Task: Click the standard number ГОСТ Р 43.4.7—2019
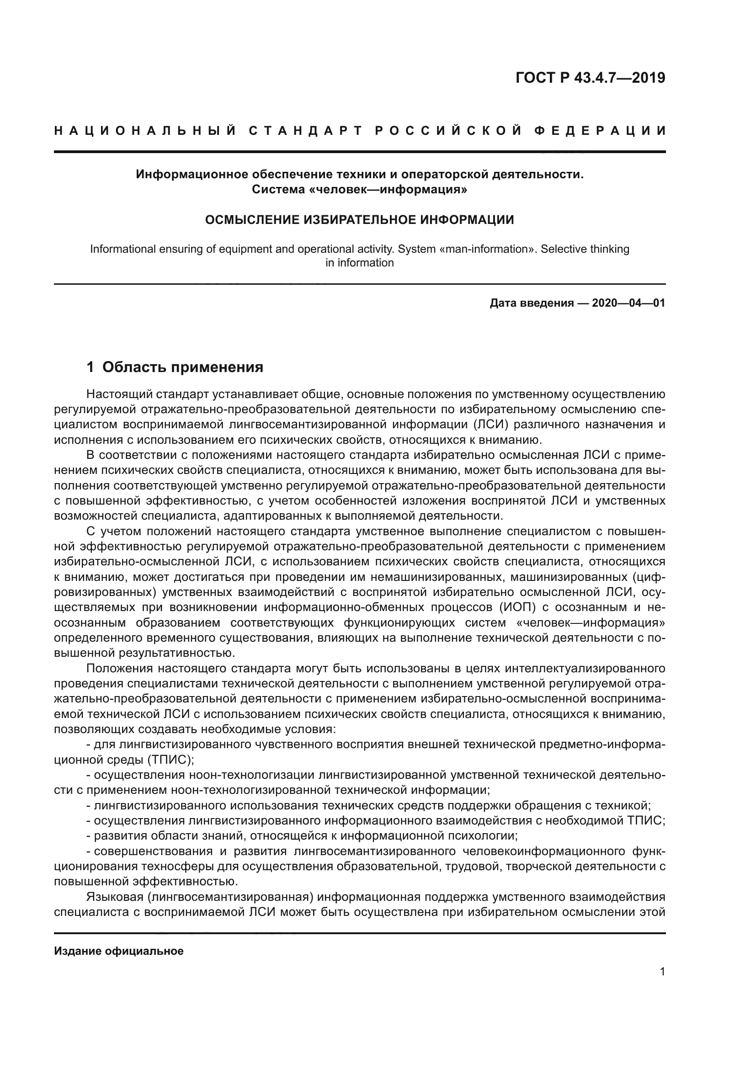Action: tap(590, 78)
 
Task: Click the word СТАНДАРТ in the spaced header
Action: tap(305, 131)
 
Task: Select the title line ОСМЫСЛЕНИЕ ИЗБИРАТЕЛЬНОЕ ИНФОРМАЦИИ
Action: tap(359, 220)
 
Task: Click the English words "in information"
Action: tap(359, 263)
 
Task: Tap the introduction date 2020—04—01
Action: tap(628, 303)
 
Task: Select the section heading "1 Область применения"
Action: tap(175, 367)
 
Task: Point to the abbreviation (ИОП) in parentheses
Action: tap(517, 607)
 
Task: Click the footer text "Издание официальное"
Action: tap(119, 951)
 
